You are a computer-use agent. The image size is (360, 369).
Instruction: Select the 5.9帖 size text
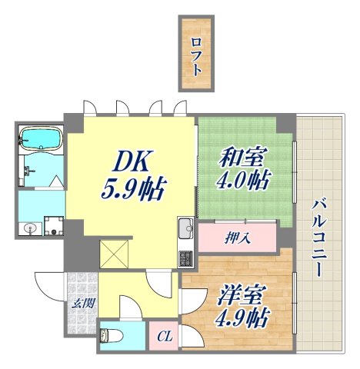pos(135,188)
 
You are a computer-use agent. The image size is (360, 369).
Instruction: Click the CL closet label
pos(164,336)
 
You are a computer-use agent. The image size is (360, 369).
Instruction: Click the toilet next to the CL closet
pos(112,335)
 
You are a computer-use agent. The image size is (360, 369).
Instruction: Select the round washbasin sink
pos(30,228)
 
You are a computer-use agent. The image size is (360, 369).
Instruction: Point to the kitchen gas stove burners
pos(186,257)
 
